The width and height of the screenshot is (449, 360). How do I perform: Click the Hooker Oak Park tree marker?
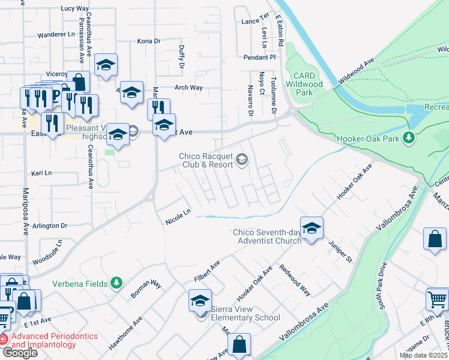coord(409,138)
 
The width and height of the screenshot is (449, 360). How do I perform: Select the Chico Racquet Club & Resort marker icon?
coord(241,159)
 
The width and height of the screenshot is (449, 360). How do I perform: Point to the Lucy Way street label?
coord(75,9)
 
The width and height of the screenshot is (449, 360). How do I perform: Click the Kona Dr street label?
coord(149,41)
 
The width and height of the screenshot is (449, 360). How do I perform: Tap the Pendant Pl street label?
coord(259,58)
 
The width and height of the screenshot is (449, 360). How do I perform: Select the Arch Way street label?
coord(188,88)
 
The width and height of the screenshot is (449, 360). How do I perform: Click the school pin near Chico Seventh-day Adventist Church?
coord(312,229)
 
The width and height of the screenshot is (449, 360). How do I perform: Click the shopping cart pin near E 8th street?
coord(438,299)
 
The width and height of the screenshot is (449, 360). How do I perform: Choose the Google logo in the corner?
coord(19,353)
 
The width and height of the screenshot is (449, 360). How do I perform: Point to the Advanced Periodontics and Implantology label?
coord(49,340)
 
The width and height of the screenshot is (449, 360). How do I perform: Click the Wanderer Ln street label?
coord(56,34)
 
